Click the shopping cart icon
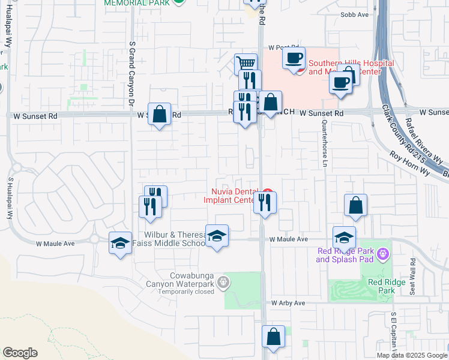[x=245, y=63]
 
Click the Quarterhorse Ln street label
[x=325, y=143]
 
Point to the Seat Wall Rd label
[x=413, y=277]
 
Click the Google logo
[x=20, y=353]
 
